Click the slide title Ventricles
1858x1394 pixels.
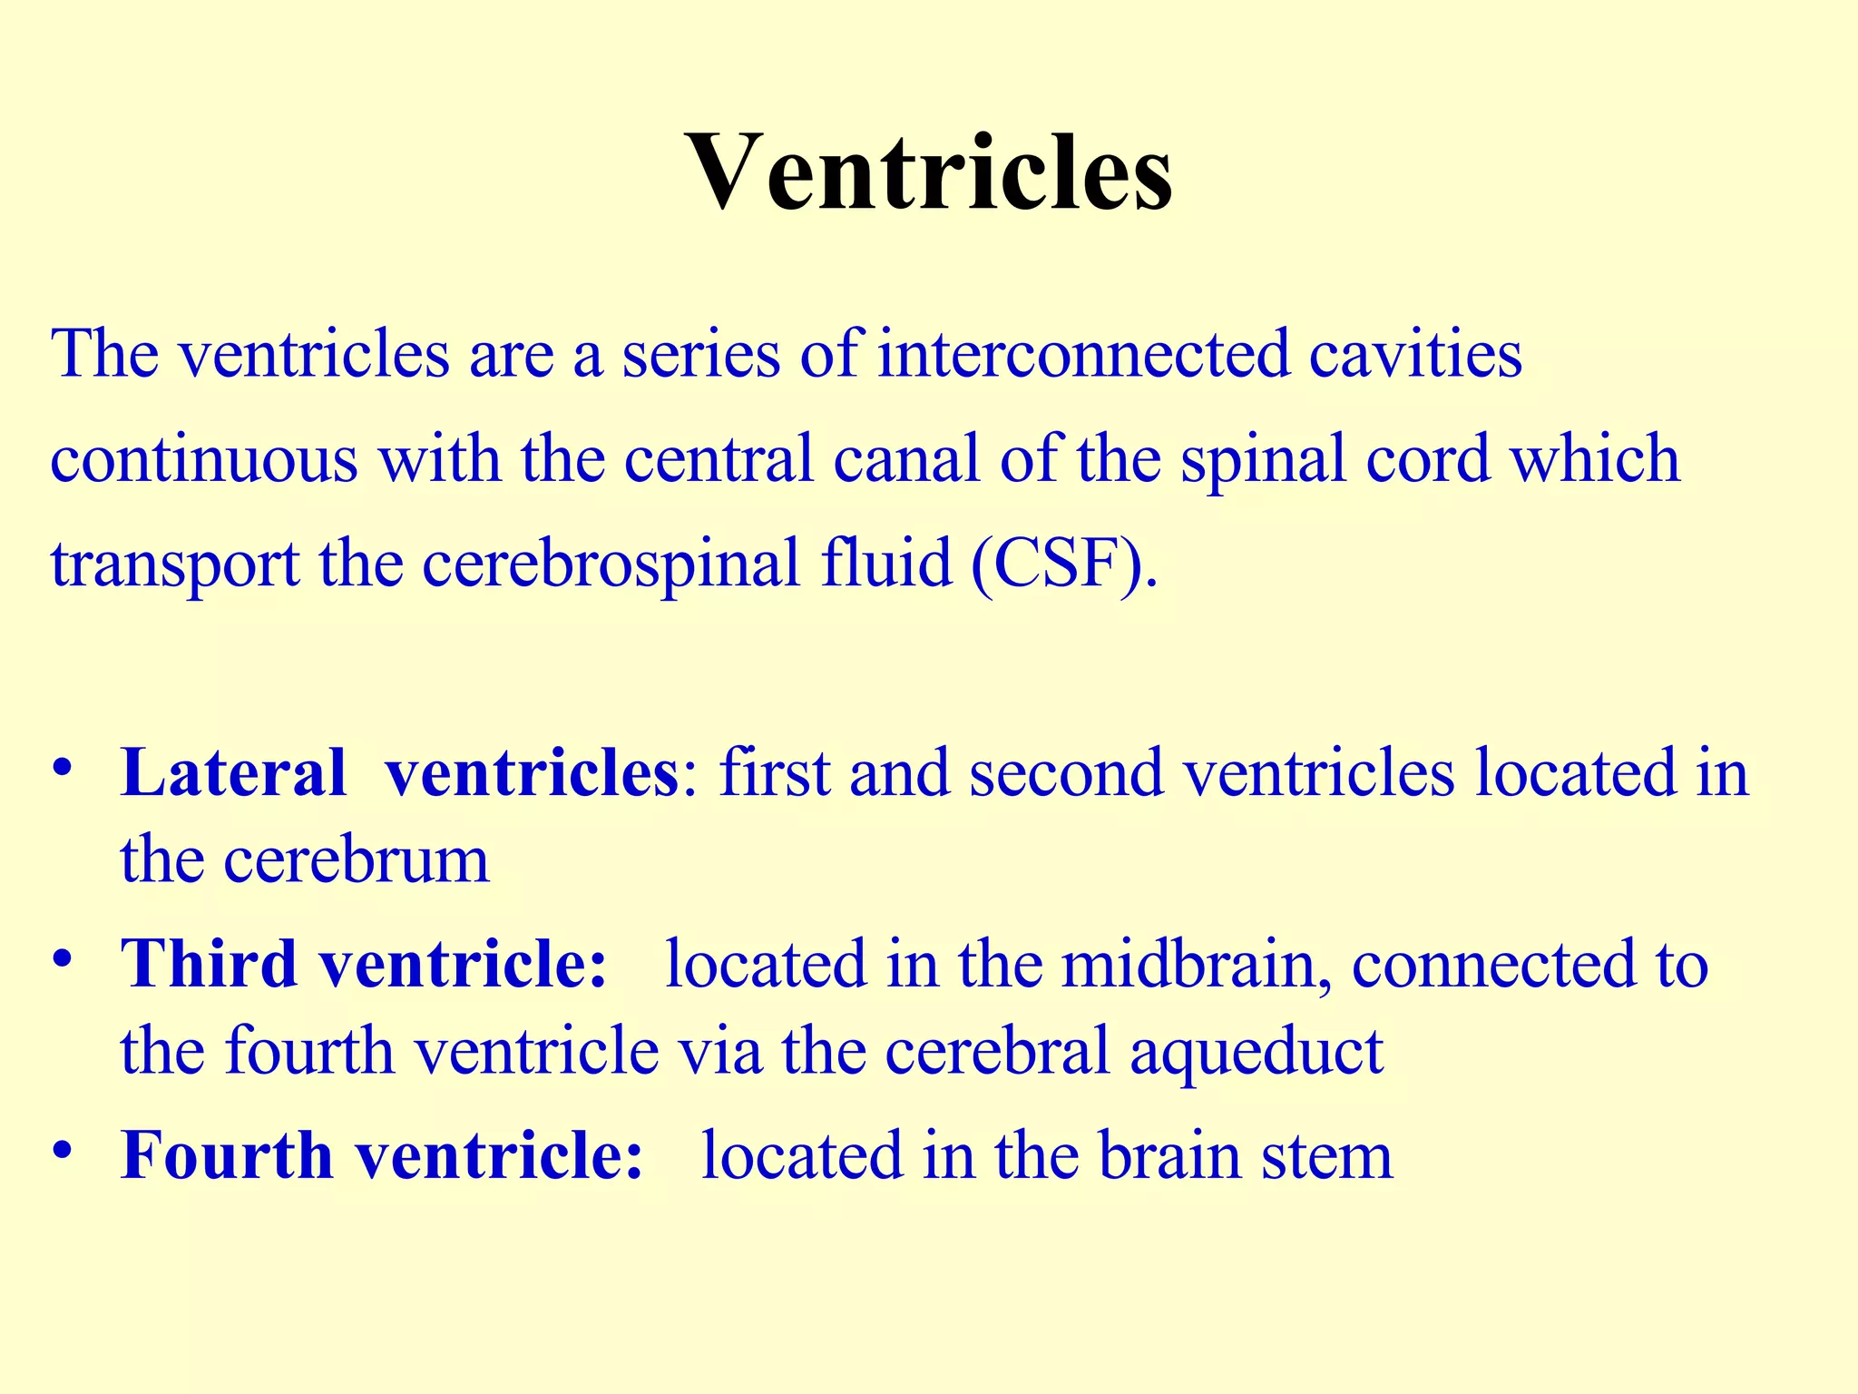tap(929, 172)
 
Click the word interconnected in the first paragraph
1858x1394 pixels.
tap(1083, 354)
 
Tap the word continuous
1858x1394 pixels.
tap(204, 458)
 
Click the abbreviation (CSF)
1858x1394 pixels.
tap(1063, 564)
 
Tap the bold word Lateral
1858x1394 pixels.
tap(233, 773)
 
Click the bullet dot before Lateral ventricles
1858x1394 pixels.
tap(62, 768)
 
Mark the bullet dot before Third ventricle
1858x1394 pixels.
tap(62, 958)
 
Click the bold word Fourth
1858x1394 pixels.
tap(227, 1156)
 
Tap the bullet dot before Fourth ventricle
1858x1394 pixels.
tap(62, 1151)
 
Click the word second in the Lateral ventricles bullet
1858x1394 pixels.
tap(1065, 773)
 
